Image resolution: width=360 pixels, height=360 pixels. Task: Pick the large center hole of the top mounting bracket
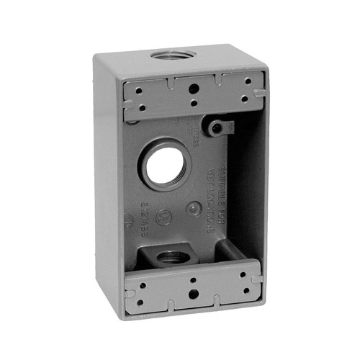(x=193, y=89)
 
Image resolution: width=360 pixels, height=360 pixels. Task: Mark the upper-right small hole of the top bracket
(x=247, y=82)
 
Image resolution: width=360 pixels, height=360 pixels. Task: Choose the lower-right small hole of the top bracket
(x=247, y=99)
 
